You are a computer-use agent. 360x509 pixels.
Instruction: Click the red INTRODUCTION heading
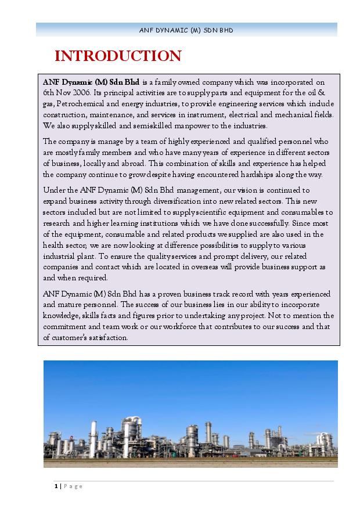(118, 56)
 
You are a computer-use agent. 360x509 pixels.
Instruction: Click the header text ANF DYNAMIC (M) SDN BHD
(186, 30)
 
